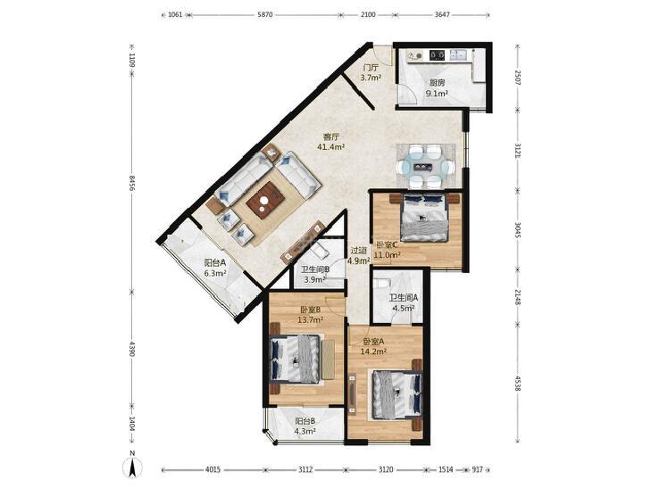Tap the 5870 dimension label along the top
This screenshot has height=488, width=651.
click(265, 14)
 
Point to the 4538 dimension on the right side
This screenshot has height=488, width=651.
click(517, 383)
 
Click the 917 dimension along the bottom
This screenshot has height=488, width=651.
click(478, 470)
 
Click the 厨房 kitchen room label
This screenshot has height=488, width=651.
click(438, 83)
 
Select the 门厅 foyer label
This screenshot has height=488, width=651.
click(371, 68)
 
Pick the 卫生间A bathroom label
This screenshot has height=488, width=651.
click(403, 298)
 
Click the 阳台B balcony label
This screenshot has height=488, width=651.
click(305, 421)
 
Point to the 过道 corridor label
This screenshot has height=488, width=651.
click(358, 251)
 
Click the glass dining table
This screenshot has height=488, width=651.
click(426, 167)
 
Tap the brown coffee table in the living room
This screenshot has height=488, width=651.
click(266, 200)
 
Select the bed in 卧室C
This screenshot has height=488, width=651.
click(424, 218)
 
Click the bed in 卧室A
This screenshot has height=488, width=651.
click(396, 394)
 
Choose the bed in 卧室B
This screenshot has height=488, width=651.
click(296, 359)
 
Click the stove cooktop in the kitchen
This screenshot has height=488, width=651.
click(438, 54)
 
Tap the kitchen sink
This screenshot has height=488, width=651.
click(458, 54)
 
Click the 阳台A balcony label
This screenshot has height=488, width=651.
click(214, 262)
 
